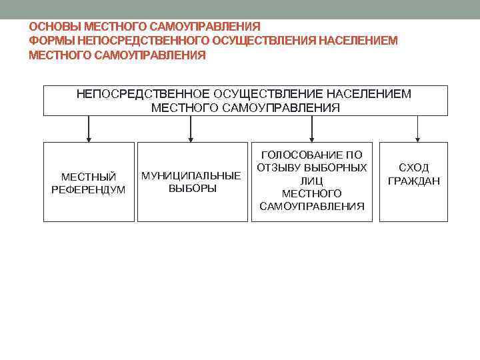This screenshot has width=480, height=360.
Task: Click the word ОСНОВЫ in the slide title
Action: pyautogui.click(x=52, y=27)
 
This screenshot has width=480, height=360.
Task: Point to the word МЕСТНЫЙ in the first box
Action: pyautogui.click(x=89, y=177)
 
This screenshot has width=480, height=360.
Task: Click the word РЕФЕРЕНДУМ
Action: pyautogui.click(x=89, y=189)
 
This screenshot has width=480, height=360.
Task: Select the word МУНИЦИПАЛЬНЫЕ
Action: pyautogui.click(x=191, y=176)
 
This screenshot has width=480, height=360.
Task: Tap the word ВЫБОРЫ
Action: pyautogui.click(x=192, y=189)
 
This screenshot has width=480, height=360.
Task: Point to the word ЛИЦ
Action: pyautogui.click(x=312, y=180)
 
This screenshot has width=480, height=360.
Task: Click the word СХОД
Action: pyautogui.click(x=413, y=168)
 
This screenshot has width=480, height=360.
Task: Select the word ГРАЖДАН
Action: pyautogui.click(x=413, y=181)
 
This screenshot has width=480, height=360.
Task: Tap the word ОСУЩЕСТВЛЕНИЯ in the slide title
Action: pyautogui.click(x=264, y=41)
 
